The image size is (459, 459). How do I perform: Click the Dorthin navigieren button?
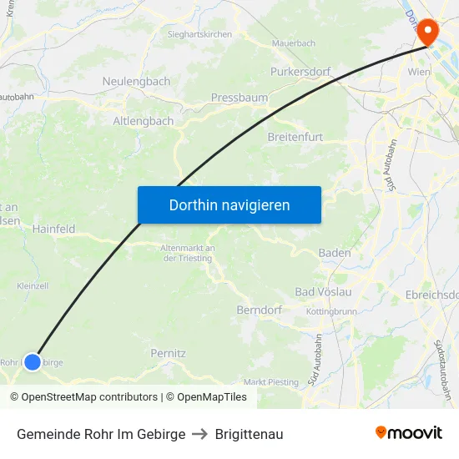tap(229, 204)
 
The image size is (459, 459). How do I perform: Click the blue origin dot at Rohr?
tap(32, 361)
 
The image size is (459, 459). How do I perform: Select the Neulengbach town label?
tap(136, 82)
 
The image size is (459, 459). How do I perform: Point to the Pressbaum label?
tap(240, 98)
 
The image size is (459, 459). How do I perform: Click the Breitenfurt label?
tap(295, 136)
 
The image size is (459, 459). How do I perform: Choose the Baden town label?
tap(335, 253)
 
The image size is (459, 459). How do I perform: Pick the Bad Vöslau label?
tap(324, 292)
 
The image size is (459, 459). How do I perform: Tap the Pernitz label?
tap(168, 353)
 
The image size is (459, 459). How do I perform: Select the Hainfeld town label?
tap(53, 229)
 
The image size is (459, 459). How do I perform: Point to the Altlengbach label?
tap(144, 121)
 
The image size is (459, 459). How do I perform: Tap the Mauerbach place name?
tap(294, 43)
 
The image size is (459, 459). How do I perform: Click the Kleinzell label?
tap(33, 285)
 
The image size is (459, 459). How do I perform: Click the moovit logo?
tap(409, 433)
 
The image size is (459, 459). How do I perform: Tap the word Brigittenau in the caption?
tap(249, 434)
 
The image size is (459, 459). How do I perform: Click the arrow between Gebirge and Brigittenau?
tap(200, 434)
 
